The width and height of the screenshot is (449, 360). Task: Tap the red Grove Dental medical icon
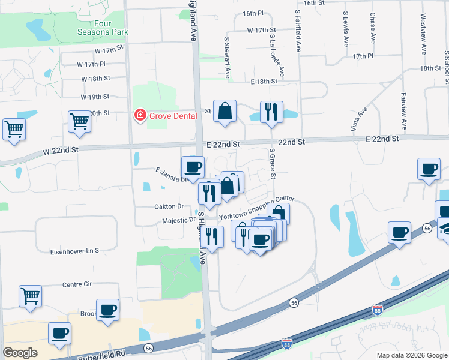pyautogui.click(x=140, y=115)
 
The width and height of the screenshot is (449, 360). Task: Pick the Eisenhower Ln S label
pyautogui.click(x=74, y=251)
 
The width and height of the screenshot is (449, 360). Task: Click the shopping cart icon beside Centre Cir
pyautogui.click(x=30, y=296)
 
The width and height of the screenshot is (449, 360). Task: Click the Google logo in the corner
pyautogui.click(x=20, y=353)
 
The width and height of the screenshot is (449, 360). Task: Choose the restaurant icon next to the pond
pyautogui.click(x=271, y=112)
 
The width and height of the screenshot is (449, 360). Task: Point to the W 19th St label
pyautogui.click(x=95, y=97)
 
